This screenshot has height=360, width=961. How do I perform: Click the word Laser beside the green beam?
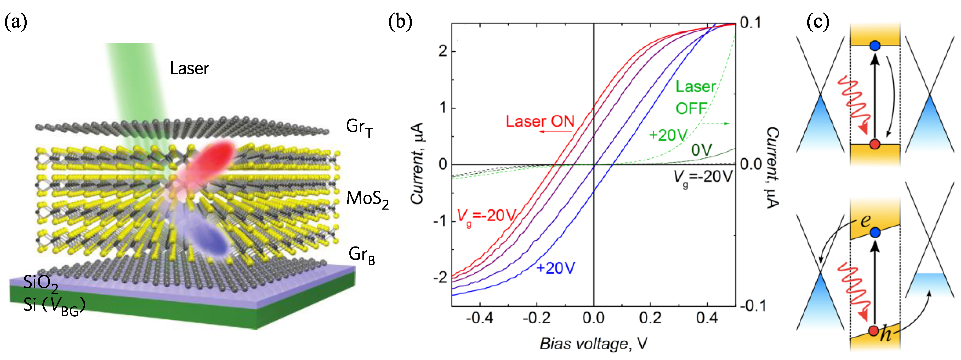[189, 68]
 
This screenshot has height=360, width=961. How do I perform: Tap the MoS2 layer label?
[367, 199]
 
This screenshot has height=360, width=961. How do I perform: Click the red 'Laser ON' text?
[540, 121]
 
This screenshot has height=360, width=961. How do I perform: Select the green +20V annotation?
[668, 135]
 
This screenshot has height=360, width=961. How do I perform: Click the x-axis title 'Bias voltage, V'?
[593, 343]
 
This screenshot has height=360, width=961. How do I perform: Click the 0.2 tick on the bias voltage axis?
[650, 318]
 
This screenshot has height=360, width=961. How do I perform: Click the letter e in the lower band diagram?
[866, 221]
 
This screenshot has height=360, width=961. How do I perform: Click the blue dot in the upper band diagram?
[875, 46]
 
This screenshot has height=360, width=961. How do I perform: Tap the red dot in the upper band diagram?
[875, 144]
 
